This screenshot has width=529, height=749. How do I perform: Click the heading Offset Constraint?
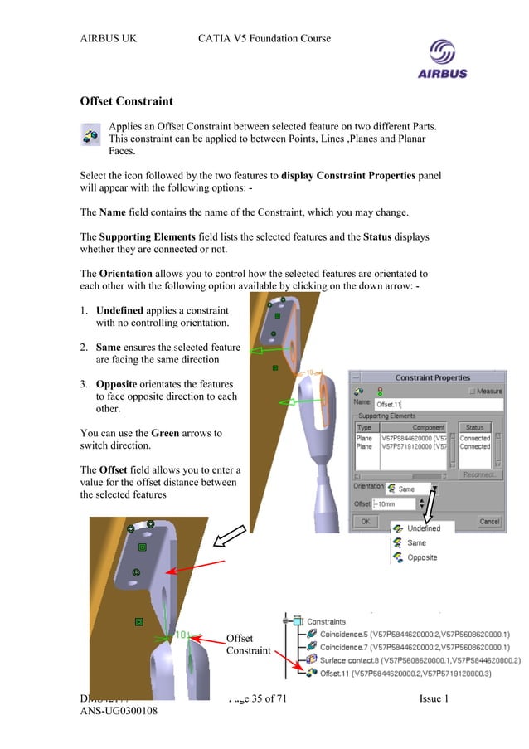click(x=126, y=101)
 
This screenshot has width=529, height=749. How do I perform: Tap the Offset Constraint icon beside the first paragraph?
click(x=90, y=134)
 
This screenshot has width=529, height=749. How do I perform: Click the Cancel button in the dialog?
click(x=488, y=522)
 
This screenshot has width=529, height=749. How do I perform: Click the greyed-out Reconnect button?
click(x=479, y=475)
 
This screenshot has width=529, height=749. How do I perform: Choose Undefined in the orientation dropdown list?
click(x=423, y=528)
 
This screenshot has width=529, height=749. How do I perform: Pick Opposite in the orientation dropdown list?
click(x=421, y=557)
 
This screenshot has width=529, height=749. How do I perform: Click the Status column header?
click(x=475, y=427)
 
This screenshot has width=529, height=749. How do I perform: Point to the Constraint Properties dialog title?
click(x=432, y=377)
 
